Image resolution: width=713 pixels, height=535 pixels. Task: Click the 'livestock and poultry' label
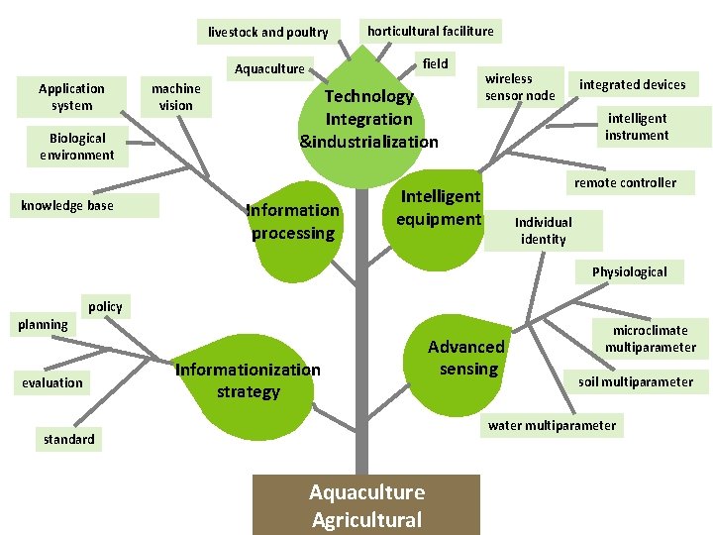pyautogui.click(x=268, y=32)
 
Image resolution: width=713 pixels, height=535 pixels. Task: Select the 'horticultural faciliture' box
pyautogui.click(x=430, y=31)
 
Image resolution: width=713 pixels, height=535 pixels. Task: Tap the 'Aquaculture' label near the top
pyautogui.click(x=269, y=68)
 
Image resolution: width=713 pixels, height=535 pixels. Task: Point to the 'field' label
pyautogui.click(x=435, y=63)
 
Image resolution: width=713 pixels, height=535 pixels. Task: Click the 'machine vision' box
pyautogui.click(x=175, y=97)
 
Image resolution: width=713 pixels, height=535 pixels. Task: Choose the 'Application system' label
pyautogui.click(x=71, y=97)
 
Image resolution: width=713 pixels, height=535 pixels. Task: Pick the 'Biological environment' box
pyautogui.click(x=76, y=147)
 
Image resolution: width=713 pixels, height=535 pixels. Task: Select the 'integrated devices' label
pyautogui.click(x=632, y=84)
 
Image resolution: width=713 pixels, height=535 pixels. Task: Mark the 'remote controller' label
pyautogui.click(x=626, y=182)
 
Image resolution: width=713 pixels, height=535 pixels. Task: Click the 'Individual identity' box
pyautogui.click(x=544, y=230)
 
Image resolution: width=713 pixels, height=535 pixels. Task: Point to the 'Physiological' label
pyautogui.click(x=630, y=271)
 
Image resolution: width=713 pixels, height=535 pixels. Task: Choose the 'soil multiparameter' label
pyautogui.click(x=636, y=381)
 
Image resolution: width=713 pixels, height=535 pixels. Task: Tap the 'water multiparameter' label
pyautogui.click(x=553, y=426)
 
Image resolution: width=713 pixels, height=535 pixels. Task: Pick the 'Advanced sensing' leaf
pyautogui.click(x=465, y=359)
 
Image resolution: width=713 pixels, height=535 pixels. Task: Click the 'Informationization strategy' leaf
pyautogui.click(x=248, y=381)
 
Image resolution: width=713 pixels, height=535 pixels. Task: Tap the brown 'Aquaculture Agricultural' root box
pyautogui.click(x=366, y=505)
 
